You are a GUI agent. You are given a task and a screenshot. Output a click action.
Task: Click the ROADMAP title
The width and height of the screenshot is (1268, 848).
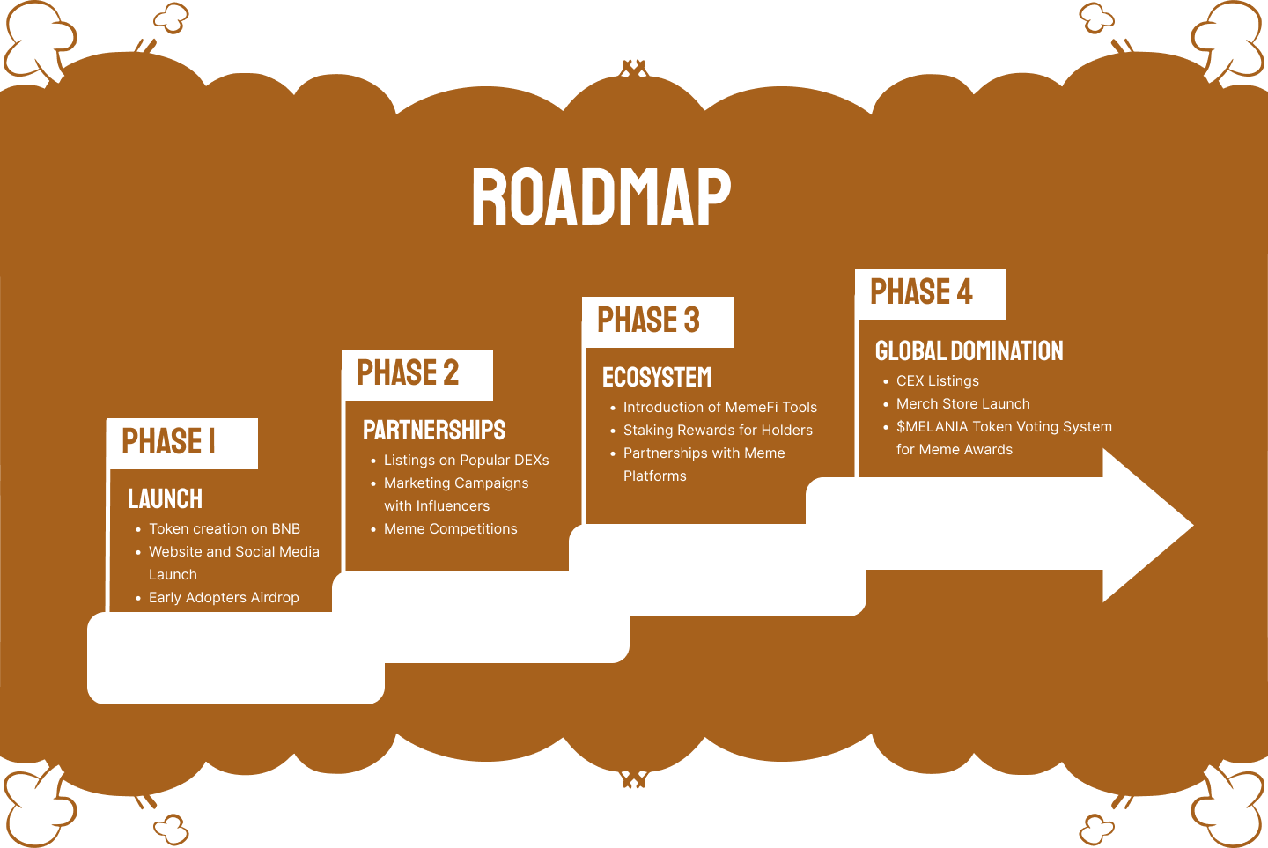point(601,197)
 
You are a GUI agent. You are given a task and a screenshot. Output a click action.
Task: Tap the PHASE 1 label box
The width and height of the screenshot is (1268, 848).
point(182,443)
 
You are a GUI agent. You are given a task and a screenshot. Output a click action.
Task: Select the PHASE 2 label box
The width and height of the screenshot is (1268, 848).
point(417,374)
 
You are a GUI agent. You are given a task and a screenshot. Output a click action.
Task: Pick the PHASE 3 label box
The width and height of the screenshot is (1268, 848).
point(657,321)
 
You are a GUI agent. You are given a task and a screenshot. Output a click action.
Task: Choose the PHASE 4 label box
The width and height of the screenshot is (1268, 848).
point(930,293)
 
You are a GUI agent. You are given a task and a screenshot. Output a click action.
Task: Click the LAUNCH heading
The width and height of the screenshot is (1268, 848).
point(166,499)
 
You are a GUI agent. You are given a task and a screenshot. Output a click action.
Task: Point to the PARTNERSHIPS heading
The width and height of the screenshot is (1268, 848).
point(434,431)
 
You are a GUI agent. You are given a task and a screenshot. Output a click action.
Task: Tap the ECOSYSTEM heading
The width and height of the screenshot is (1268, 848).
point(657,378)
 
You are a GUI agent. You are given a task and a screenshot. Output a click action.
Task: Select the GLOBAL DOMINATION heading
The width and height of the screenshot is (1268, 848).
point(969,351)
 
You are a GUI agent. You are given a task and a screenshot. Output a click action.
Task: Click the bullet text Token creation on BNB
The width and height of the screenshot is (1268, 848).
point(225,529)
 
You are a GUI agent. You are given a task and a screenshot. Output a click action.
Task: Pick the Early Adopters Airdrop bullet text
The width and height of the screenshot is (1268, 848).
point(224,598)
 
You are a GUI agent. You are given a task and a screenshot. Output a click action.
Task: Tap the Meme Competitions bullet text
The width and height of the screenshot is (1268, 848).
point(450,529)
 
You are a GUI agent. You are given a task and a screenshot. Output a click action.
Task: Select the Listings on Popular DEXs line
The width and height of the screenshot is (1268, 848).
point(466,461)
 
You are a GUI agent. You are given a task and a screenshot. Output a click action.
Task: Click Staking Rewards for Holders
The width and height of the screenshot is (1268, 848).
point(718,431)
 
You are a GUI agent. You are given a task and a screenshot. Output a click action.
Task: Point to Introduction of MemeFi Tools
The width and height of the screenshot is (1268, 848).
point(719,408)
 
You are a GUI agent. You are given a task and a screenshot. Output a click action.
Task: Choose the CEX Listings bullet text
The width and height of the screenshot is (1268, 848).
point(937,381)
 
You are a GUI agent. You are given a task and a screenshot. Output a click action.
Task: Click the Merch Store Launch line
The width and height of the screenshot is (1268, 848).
point(962,404)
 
